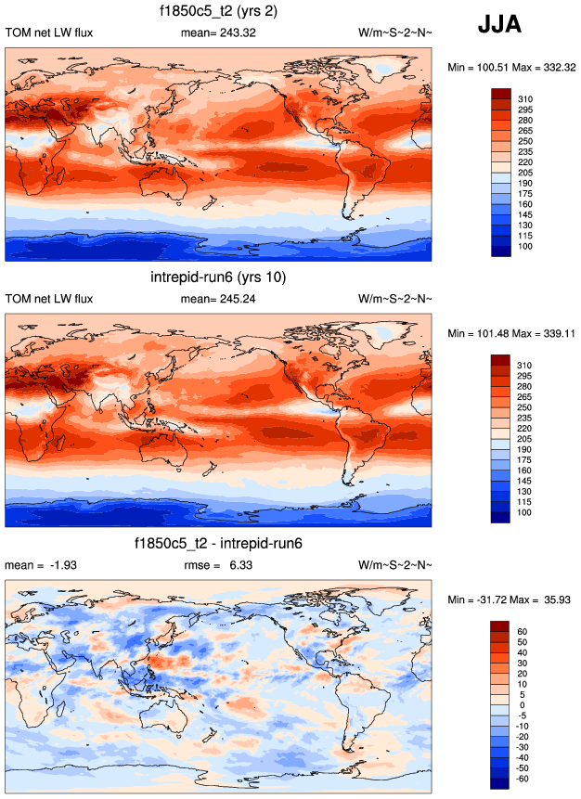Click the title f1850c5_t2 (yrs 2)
coord(219,12)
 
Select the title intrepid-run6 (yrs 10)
coord(218,277)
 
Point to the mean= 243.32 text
coord(219,33)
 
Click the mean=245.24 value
coord(219,299)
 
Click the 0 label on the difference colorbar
coord(521,705)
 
